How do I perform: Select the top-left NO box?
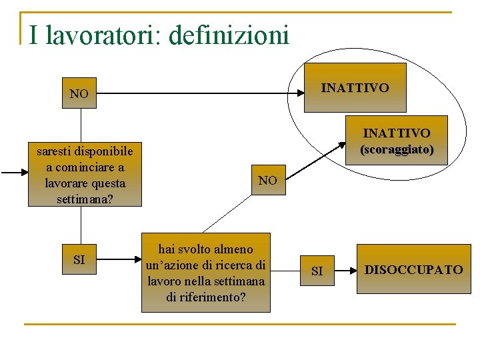coord(79,94)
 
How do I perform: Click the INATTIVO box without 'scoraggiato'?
coord(355,87)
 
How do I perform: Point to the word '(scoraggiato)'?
coord(397,150)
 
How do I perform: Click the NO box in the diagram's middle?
coord(267,180)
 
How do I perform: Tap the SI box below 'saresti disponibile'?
coord(79,259)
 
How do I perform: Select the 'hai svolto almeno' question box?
coord(206,273)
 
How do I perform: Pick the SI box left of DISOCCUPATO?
coord(317,271)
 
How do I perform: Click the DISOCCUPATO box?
coord(413,269)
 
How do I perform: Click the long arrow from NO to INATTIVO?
coord(200,94)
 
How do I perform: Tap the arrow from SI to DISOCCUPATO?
coord(344,270)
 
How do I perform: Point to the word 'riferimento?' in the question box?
coord(205,297)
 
